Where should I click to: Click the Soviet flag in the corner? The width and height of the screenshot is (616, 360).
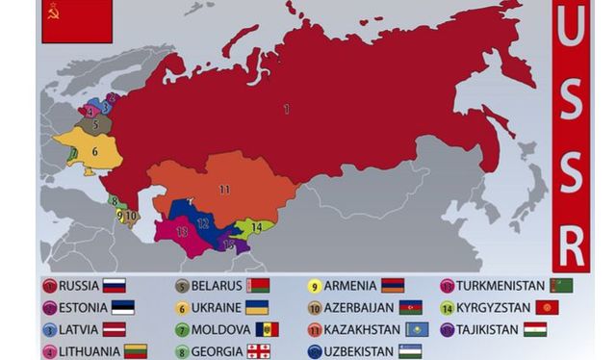pyautogui.click(x=76, y=21)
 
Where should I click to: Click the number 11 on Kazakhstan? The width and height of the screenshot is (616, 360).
pyautogui.click(x=224, y=190)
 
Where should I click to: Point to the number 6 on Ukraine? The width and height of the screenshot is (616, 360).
pyautogui.click(x=94, y=151)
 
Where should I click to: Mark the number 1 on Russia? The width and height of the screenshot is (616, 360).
pyautogui.click(x=286, y=109)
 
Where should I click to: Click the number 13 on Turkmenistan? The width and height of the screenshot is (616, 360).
pyautogui.click(x=182, y=232)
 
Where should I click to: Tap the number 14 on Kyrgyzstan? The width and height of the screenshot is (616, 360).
pyautogui.click(x=255, y=227)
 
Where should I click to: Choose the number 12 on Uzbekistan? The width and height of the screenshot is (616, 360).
pyautogui.click(x=202, y=223)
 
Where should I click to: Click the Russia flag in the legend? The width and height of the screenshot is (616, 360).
pyautogui.click(x=114, y=285)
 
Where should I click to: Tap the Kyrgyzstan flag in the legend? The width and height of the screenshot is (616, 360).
pyautogui.click(x=549, y=308)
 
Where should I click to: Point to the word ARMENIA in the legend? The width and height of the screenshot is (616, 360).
pyautogui.click(x=348, y=285)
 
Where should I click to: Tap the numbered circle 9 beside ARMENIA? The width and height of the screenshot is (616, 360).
pyautogui.click(x=314, y=285)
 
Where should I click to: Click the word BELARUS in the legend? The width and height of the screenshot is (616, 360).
pyautogui.click(x=216, y=285)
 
